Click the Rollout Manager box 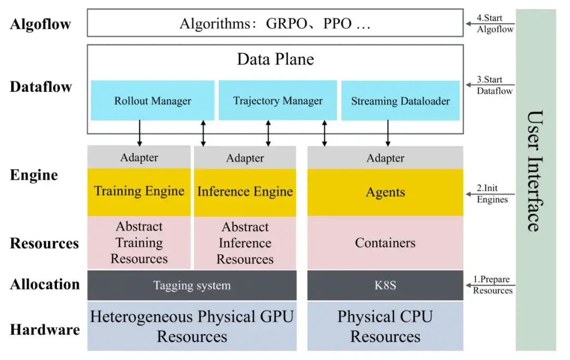[x=153, y=100]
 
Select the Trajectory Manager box [x=278, y=100]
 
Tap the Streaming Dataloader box [x=401, y=101]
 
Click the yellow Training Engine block [x=139, y=192]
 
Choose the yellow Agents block [x=385, y=192]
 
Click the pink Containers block [x=385, y=243]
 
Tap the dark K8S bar [x=385, y=286]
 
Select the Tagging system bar [x=192, y=286]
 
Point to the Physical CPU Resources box [x=385, y=326]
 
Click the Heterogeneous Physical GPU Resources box [x=192, y=326]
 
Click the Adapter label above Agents [x=385, y=158]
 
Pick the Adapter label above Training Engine [x=139, y=157]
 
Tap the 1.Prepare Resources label [x=492, y=285]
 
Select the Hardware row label [x=45, y=330]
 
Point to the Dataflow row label [x=41, y=87]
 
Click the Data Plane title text [x=275, y=59]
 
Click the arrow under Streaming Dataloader [x=388, y=133]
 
